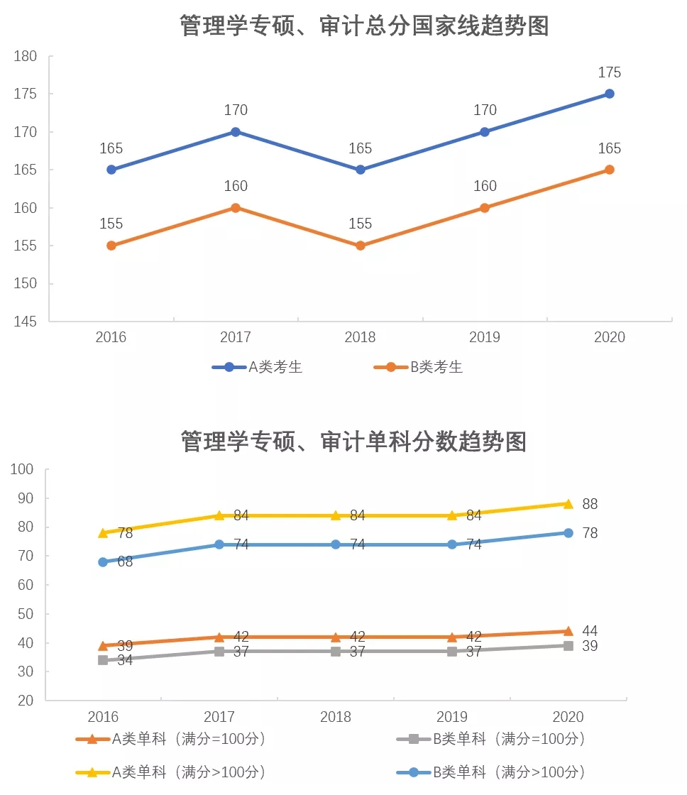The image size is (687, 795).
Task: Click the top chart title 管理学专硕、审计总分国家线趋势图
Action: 364,26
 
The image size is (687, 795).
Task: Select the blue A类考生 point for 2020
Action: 609,94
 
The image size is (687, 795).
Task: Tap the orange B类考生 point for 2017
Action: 236,208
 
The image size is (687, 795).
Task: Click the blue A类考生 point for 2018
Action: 361,170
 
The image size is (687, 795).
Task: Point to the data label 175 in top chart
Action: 609,72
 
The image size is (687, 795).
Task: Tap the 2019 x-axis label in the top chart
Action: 485,336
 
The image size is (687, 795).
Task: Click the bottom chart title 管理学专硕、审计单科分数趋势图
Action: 353,441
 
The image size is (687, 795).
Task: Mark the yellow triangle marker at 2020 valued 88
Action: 568,503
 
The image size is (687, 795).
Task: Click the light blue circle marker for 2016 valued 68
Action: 103,561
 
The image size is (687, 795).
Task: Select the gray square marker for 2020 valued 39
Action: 568,645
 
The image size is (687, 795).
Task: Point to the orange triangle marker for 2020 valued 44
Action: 568,630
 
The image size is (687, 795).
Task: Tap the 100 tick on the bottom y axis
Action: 23,469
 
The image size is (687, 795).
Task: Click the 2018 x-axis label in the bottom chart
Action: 336,717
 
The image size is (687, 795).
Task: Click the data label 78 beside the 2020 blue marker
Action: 590,533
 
